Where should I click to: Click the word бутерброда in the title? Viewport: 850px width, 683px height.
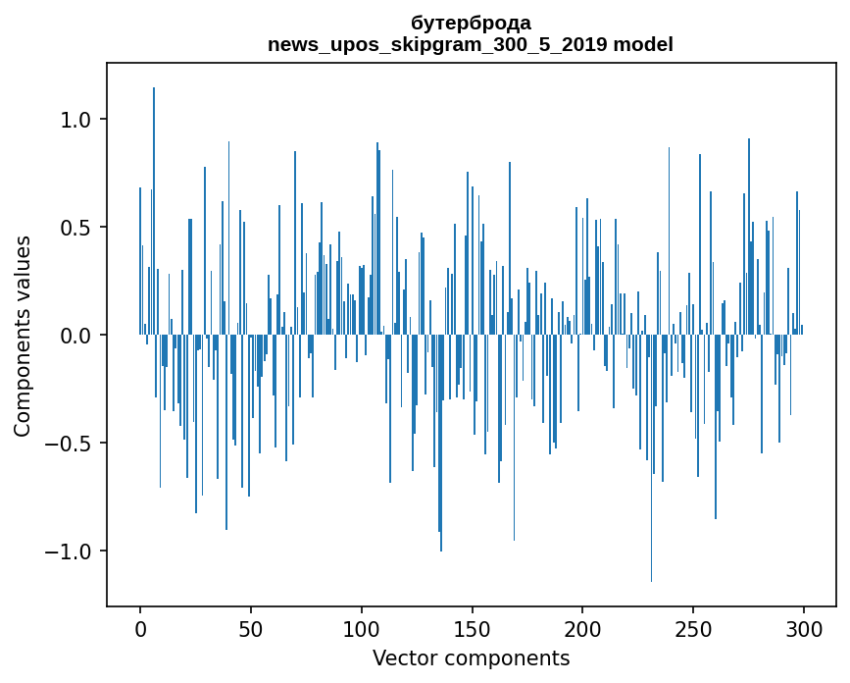click(471, 23)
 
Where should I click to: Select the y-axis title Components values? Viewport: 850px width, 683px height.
click(23, 336)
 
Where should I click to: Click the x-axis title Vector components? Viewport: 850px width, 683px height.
click(471, 657)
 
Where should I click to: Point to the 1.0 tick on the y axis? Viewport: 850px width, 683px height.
click(75, 120)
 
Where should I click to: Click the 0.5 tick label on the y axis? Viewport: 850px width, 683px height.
click(75, 228)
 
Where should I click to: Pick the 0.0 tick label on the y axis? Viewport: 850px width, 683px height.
click(75, 336)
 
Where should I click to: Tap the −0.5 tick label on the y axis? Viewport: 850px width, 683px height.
click(67, 444)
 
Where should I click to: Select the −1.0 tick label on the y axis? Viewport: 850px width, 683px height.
click(67, 552)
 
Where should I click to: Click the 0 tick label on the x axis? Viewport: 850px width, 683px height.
click(140, 628)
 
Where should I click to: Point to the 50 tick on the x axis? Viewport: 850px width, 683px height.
click(251, 628)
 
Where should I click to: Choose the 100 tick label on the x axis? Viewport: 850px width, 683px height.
click(362, 628)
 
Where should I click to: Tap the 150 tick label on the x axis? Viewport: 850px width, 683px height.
click(473, 628)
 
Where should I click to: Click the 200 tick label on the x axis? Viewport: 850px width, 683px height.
click(583, 628)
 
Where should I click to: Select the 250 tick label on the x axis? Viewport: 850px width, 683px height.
click(694, 628)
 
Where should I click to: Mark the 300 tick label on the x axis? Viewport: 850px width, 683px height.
click(804, 628)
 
